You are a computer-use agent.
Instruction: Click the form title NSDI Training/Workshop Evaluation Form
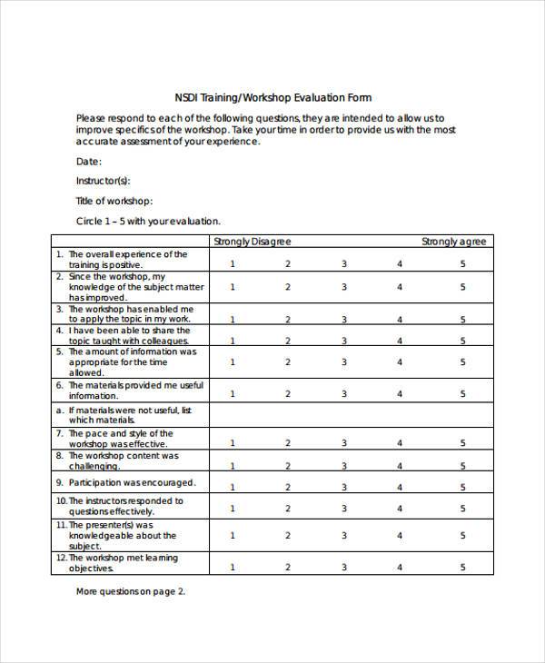(x=272, y=97)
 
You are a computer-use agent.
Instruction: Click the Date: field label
(x=89, y=161)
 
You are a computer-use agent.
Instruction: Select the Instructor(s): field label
(x=103, y=181)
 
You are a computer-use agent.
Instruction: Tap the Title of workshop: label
(x=114, y=201)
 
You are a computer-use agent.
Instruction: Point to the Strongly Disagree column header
(x=252, y=241)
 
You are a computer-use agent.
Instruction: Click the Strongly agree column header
(x=454, y=241)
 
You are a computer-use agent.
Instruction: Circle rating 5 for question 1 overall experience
(x=462, y=263)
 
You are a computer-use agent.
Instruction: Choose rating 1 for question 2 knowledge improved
(x=233, y=287)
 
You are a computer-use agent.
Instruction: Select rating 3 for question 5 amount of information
(x=343, y=361)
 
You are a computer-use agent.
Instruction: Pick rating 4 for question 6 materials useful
(x=400, y=393)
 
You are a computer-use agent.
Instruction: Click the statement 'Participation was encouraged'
(x=132, y=482)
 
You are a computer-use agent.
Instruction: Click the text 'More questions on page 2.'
(x=131, y=591)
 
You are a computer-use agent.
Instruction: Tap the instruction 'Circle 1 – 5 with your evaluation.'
(x=148, y=221)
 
